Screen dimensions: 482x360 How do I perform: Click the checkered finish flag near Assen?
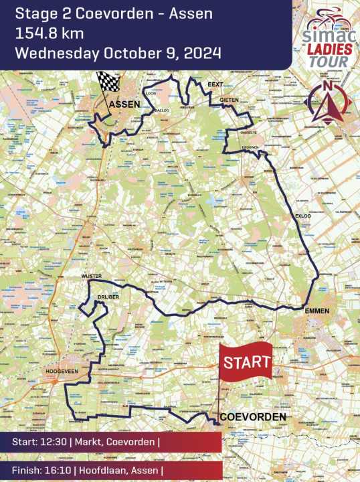(x=107, y=82)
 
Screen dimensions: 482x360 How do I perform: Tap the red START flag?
(x=247, y=363)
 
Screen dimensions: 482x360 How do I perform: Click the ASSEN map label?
(x=124, y=104)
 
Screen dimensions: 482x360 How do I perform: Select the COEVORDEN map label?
(x=253, y=417)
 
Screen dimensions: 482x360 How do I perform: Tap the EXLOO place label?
(x=303, y=216)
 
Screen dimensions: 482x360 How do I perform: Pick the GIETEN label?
(x=229, y=100)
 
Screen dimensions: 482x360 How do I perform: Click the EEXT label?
(x=215, y=85)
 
